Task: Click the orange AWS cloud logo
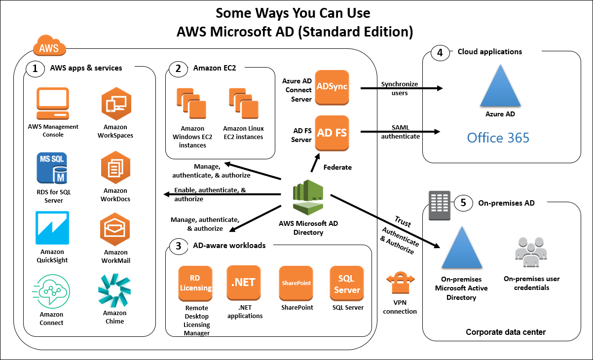49,48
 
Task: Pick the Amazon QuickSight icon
52,228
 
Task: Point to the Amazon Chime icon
114,290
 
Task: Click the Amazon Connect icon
52,291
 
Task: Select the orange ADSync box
332,87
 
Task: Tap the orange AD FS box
332,133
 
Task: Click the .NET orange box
243,283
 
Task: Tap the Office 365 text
498,138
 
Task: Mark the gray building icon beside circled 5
439,206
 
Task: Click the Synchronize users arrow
400,89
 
